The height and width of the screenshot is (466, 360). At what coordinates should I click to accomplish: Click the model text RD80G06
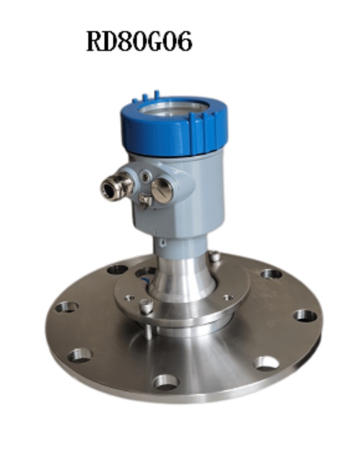(x=139, y=41)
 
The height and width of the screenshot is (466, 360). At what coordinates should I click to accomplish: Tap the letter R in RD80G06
(x=94, y=41)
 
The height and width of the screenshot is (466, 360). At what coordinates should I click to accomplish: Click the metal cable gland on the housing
(x=116, y=188)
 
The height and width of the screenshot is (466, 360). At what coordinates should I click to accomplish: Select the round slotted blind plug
(x=162, y=191)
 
